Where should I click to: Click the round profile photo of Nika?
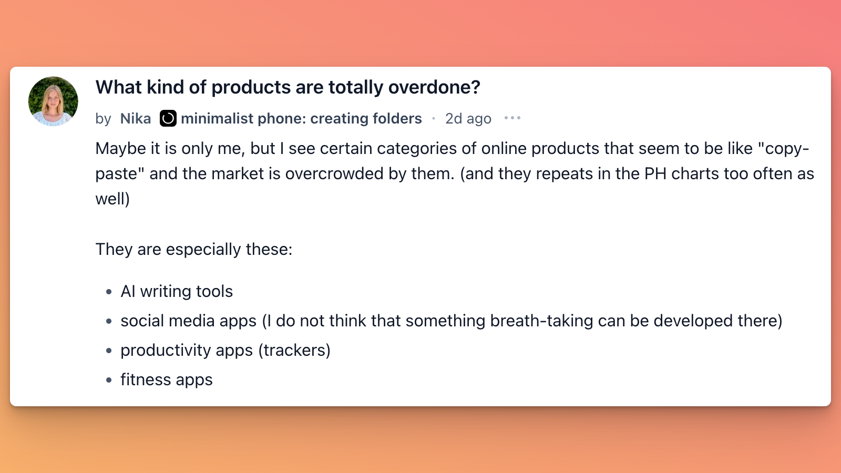53,101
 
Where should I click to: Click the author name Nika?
136,119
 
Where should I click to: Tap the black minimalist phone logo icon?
168,118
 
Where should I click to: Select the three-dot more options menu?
512,118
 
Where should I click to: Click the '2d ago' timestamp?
468,119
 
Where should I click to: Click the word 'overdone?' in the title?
434,87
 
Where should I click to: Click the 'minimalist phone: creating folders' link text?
302,119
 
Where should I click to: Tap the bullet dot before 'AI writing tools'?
109,292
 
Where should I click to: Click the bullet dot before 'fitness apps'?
109,380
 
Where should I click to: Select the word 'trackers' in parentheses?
295,350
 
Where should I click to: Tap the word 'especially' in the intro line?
203,250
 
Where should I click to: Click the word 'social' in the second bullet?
142,321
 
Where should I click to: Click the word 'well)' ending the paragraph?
112,199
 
